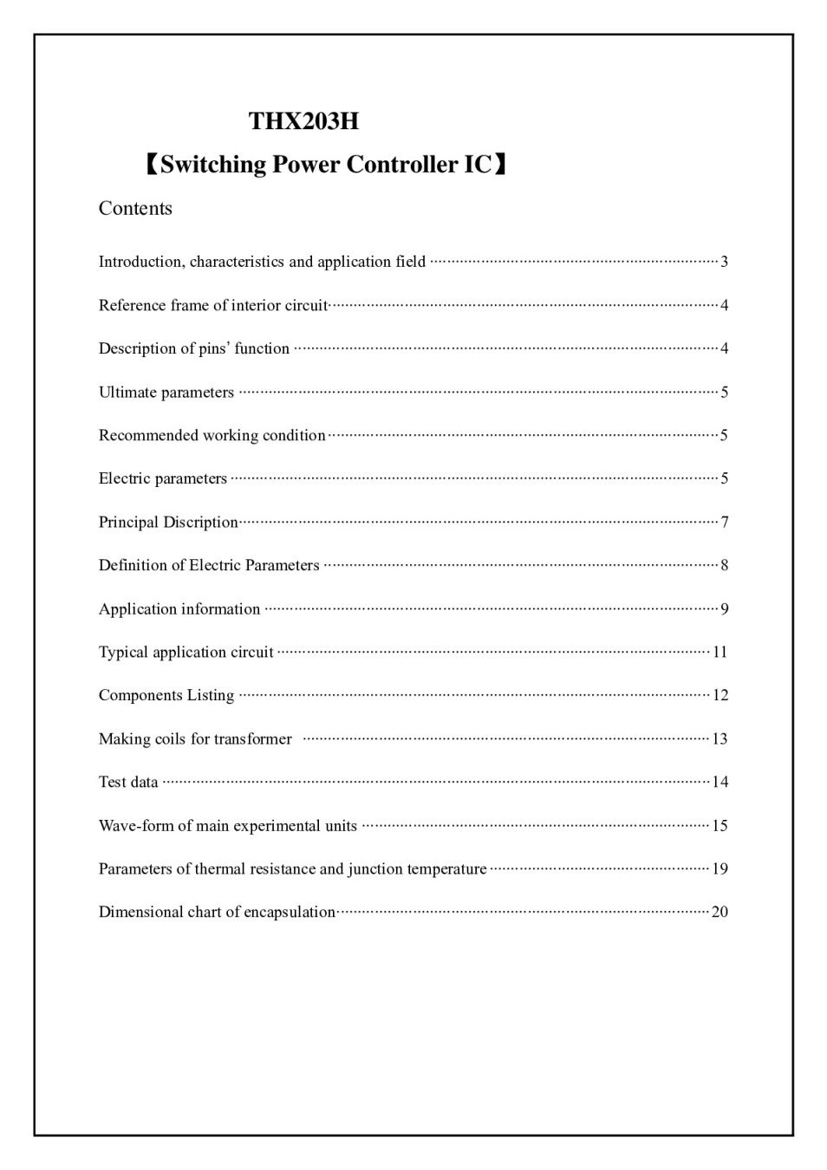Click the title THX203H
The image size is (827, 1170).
[x=303, y=121]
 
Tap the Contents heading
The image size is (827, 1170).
[x=135, y=209]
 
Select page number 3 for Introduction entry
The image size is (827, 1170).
[x=724, y=262]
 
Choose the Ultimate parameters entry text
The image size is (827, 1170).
[x=166, y=393]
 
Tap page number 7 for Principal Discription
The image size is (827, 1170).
[x=724, y=522]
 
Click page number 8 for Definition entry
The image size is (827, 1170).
[x=724, y=565]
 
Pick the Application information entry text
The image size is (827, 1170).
[x=179, y=609]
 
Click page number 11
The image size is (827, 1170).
[x=720, y=652]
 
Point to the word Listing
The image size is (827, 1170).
[x=211, y=695]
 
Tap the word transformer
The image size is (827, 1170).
[x=253, y=739]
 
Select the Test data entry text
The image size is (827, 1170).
[x=128, y=782]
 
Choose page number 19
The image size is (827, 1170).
[x=720, y=868]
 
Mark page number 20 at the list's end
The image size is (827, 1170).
[x=720, y=912]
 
